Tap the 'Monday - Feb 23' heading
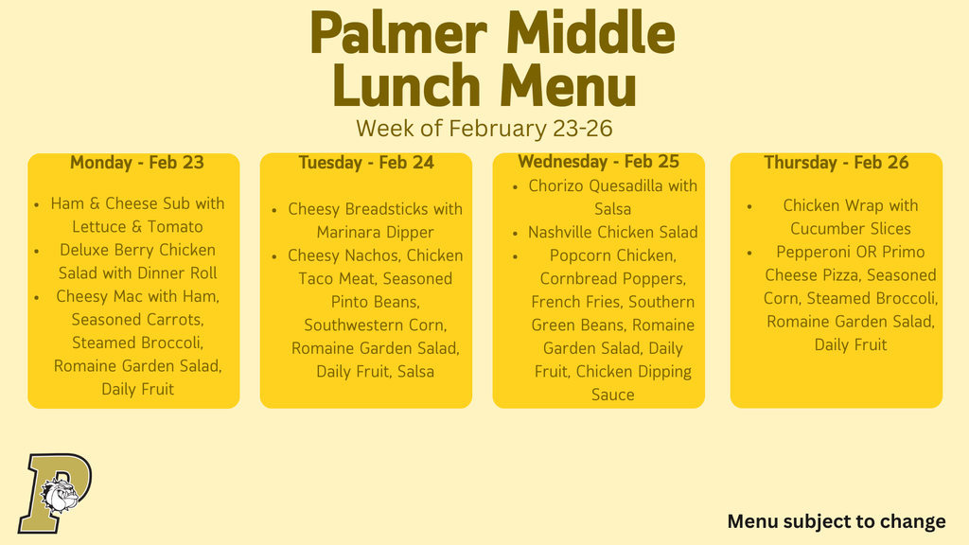point(136,163)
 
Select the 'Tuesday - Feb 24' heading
point(366,163)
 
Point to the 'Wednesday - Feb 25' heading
point(598,162)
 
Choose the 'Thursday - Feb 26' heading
point(836,163)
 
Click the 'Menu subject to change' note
point(836,521)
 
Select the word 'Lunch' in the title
point(407,85)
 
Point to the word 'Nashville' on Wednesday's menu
point(565,232)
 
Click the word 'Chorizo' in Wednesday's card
point(558,185)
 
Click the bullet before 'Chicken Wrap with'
point(749,206)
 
